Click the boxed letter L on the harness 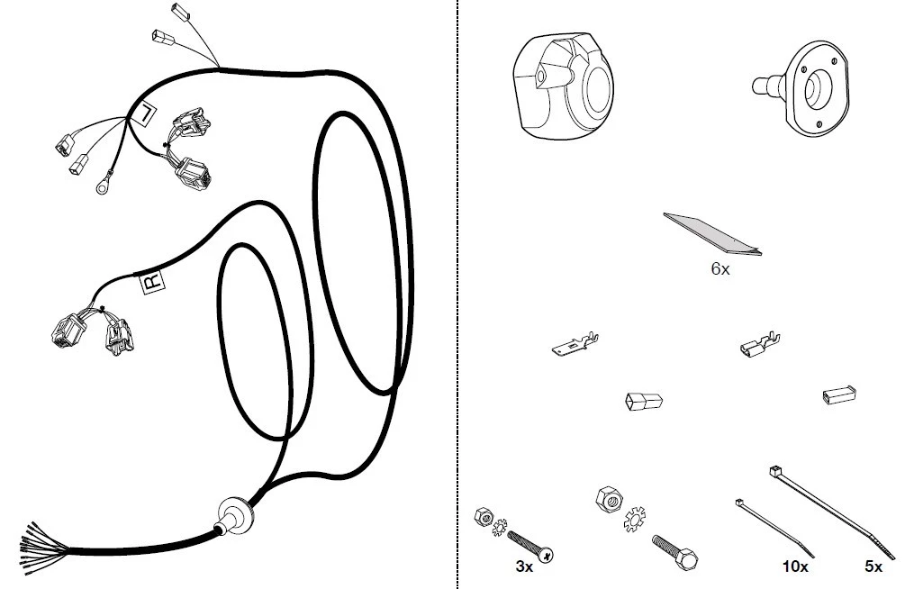click(144, 112)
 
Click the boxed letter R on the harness click(153, 282)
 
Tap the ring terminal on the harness click(103, 187)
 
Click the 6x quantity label click(720, 268)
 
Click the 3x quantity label click(524, 567)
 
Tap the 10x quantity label click(795, 567)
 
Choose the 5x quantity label click(873, 567)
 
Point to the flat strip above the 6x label click(712, 234)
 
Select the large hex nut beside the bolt click(609, 498)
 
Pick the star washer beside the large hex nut click(634, 519)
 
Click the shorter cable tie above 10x click(774, 529)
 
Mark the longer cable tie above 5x click(833, 512)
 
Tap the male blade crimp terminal click(575, 344)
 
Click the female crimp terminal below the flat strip click(760, 345)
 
